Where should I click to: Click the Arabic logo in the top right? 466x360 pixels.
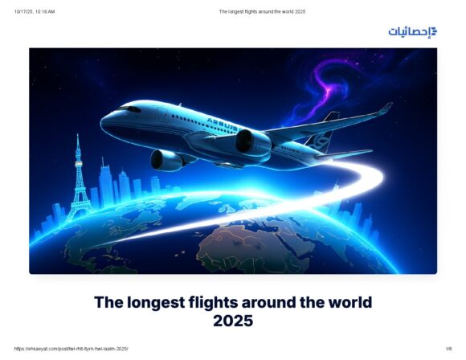[x=412, y=31]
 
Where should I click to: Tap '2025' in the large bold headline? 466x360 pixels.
[x=233, y=321]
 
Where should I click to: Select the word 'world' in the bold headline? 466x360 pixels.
[x=346, y=303]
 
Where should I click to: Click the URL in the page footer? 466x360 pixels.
[x=72, y=348]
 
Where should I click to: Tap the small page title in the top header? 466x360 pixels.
[x=262, y=11]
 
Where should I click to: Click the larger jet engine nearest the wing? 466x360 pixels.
[x=251, y=142]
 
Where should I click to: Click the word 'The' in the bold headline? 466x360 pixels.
[x=108, y=303]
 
